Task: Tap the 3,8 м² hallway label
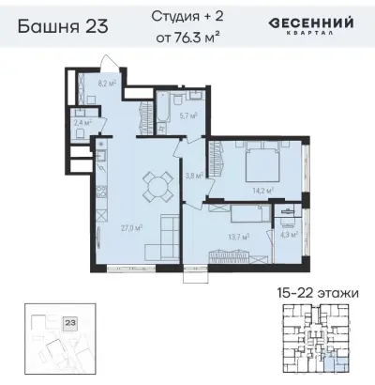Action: pos(193,175)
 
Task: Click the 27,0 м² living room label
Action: pos(131,226)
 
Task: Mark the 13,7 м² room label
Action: pos(237,238)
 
